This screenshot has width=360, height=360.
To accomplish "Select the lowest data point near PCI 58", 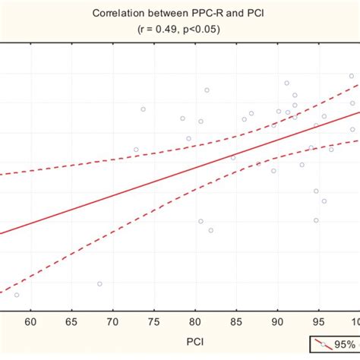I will click(x=17, y=295).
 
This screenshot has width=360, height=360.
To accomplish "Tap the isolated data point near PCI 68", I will click(x=99, y=283).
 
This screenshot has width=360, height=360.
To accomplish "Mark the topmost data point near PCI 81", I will click(x=207, y=90).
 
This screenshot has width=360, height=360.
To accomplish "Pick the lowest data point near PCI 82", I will click(x=211, y=230).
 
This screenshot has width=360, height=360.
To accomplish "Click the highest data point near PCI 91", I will click(x=287, y=83).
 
